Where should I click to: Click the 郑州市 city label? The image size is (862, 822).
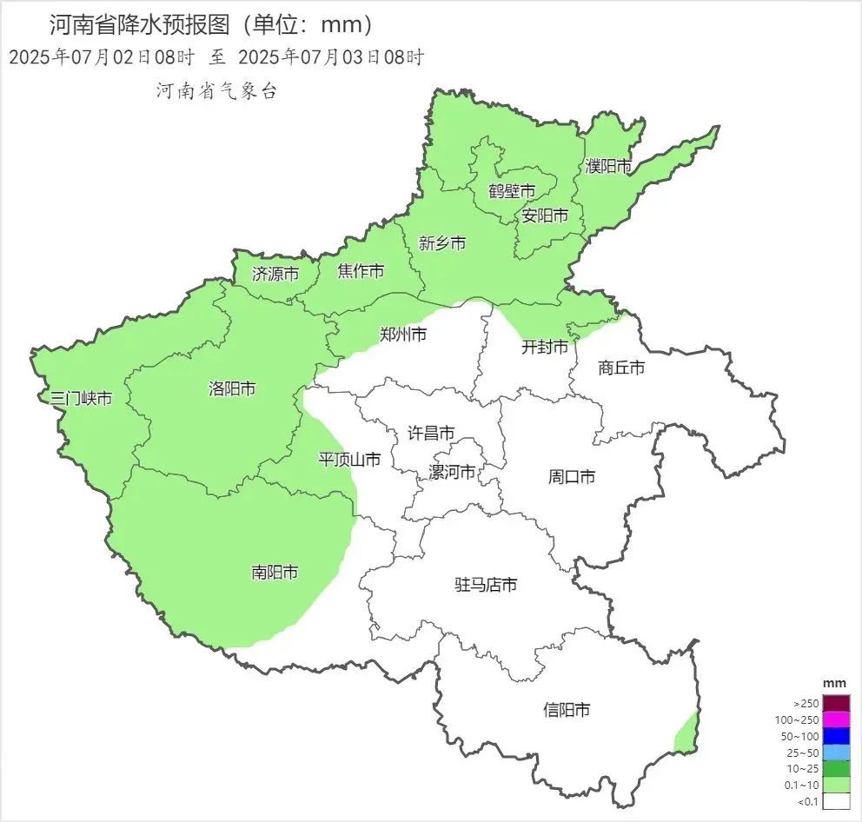pos(403,334)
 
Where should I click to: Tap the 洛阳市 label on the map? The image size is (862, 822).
pos(232,388)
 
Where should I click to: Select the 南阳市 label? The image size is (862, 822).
pos(275,573)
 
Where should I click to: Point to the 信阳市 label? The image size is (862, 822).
pos(567,710)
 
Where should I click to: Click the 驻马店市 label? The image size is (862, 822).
pos(486,585)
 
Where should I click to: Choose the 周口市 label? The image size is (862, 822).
pos(572,476)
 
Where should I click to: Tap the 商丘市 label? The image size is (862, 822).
pos(622,368)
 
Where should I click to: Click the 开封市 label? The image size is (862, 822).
pos(545,348)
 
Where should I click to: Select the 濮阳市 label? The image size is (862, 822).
pos(608,166)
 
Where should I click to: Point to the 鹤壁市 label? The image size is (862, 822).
pos(512,190)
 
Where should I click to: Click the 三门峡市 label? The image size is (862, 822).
pos(81,399)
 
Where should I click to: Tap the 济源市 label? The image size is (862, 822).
pos(275,274)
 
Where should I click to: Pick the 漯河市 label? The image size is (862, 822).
pos(453,472)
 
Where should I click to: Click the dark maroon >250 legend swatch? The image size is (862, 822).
pos(836,703)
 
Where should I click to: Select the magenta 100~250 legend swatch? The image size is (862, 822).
pos(836,719)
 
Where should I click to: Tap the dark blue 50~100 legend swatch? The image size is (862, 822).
pos(836,736)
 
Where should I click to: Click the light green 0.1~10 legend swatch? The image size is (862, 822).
pos(836,785)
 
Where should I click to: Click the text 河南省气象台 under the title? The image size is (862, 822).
pos(216,90)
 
